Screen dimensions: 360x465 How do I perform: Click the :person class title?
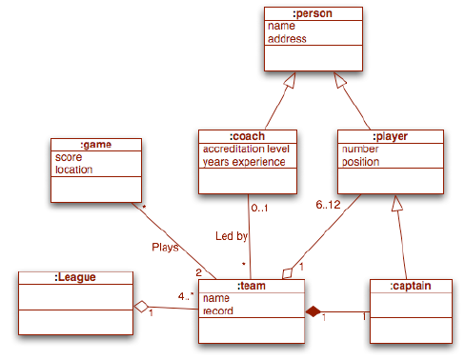[x=314, y=12]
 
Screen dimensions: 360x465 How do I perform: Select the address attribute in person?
[x=288, y=39]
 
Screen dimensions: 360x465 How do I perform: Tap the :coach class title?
[x=246, y=135]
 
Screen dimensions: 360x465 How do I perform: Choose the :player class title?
[x=392, y=135]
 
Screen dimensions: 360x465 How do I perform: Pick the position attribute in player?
[x=361, y=162]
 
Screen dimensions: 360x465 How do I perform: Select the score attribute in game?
[x=69, y=156]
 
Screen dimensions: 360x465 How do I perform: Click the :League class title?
[x=76, y=277]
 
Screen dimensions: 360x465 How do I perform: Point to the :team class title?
[x=252, y=285]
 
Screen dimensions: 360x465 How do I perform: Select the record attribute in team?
[x=218, y=310]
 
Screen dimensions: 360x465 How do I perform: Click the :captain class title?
[x=409, y=285]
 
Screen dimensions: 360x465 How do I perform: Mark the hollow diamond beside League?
[x=142, y=306]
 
